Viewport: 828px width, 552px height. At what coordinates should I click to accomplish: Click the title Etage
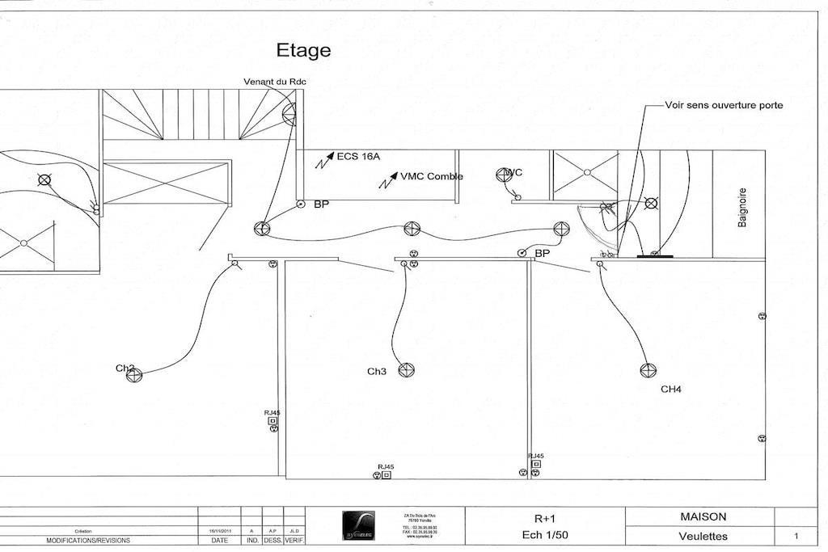(303, 50)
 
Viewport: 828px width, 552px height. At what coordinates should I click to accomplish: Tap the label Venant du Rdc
(275, 82)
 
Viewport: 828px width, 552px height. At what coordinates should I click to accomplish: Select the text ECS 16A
(359, 157)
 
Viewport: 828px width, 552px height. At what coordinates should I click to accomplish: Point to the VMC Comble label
(432, 176)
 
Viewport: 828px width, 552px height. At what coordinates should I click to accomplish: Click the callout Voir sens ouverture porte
(724, 105)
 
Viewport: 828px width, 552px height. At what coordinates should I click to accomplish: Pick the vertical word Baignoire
(742, 208)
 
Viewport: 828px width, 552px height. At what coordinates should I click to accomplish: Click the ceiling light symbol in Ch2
(134, 374)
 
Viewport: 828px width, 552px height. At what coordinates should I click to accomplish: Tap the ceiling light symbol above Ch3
(407, 370)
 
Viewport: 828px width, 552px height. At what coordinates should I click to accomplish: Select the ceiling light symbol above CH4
(648, 370)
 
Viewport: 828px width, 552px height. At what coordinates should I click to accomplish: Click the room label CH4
(671, 390)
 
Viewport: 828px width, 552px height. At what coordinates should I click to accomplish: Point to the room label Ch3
(377, 372)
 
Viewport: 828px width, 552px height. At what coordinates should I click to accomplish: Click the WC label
(513, 173)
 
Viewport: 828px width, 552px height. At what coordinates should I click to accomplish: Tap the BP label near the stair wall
(322, 205)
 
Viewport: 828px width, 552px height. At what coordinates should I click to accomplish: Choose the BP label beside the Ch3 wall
(543, 254)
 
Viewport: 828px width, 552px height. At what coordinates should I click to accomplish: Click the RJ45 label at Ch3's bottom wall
(386, 466)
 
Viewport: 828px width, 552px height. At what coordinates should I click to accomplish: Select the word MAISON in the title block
(703, 516)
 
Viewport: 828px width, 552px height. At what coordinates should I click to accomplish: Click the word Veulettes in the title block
(703, 536)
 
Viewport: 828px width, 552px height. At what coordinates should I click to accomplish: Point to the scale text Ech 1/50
(544, 535)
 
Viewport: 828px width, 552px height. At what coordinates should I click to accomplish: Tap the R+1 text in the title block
(544, 517)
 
